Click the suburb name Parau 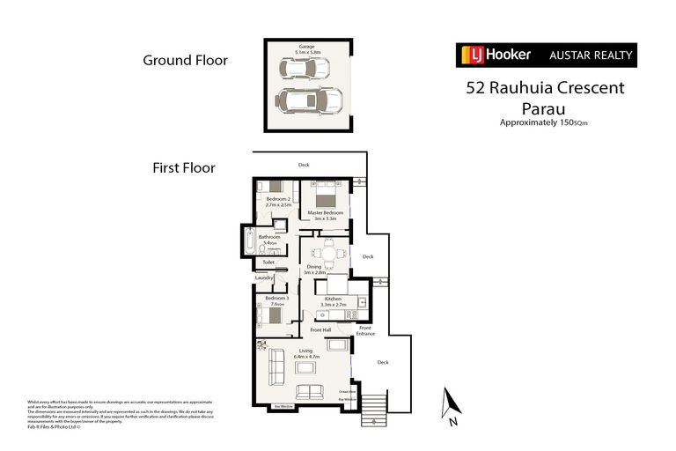point(544,108)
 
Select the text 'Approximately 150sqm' point(544,123)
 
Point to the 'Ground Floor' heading point(186,61)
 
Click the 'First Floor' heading point(184,167)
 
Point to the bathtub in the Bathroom point(250,240)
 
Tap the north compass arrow point(453,403)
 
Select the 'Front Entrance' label point(365,331)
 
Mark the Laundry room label point(265,278)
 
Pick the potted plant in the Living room point(261,345)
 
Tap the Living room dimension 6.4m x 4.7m point(305,357)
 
